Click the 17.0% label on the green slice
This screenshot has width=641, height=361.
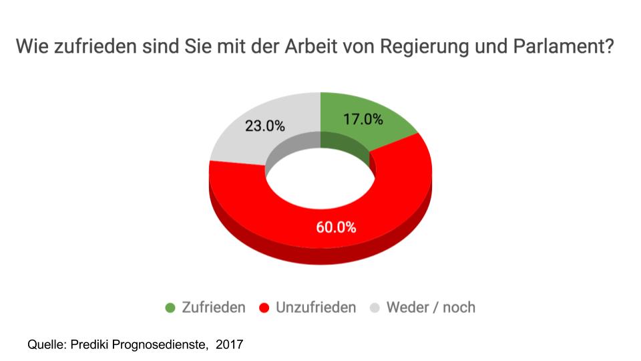pyautogui.click(x=363, y=120)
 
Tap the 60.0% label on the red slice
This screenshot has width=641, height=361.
pyautogui.click(x=336, y=227)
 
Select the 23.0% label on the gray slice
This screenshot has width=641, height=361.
pyautogui.click(x=265, y=126)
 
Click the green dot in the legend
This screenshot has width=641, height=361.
pyautogui.click(x=170, y=308)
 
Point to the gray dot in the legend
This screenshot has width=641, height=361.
pyautogui.click(x=375, y=308)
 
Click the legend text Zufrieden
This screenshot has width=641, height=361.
pyautogui.click(x=214, y=308)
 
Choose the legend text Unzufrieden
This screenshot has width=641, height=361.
pyautogui.click(x=316, y=308)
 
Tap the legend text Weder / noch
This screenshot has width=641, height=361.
pyautogui.click(x=431, y=308)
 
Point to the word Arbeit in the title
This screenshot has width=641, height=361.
pyautogui.click(x=306, y=48)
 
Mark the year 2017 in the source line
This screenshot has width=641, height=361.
pyautogui.click(x=229, y=345)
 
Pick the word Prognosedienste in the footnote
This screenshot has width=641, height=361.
pyautogui.click(x=160, y=345)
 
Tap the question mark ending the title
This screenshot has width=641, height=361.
pyautogui.click(x=608, y=48)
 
